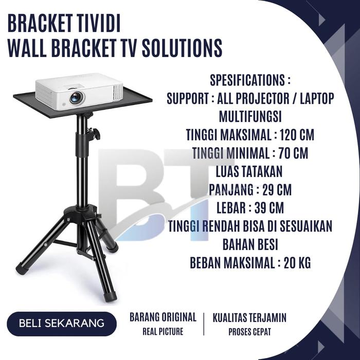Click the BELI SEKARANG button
62,323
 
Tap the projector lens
76,96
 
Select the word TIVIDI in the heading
99,24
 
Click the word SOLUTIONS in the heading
180,48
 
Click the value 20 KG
297,263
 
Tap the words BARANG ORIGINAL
163,317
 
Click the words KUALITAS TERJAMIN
250,317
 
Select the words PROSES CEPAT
250,332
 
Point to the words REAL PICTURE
163,332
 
